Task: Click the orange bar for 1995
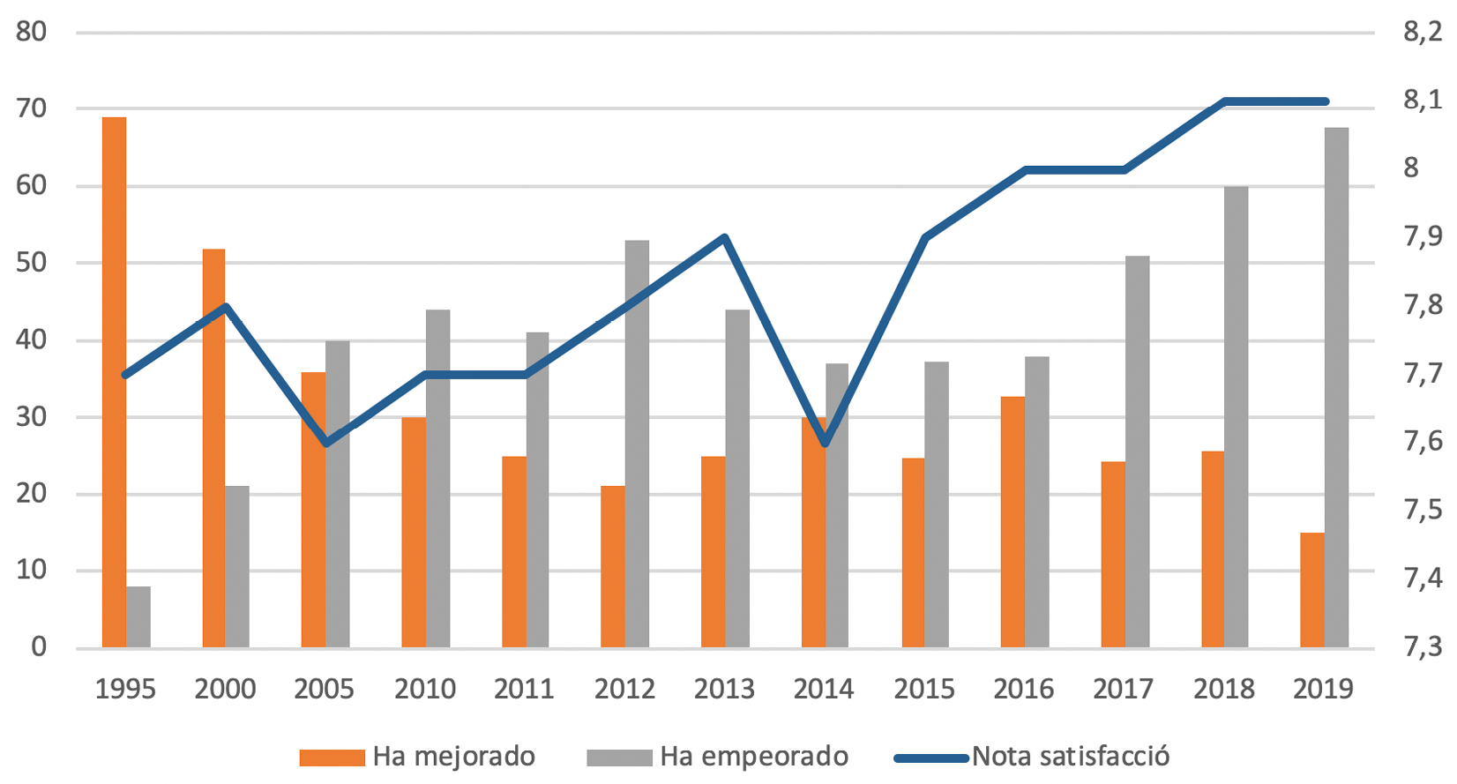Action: click(114, 382)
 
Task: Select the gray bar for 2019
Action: click(1336, 388)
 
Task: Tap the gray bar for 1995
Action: click(138, 617)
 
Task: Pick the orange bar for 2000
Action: click(213, 448)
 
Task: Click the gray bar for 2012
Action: click(637, 444)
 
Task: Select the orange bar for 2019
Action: click(1312, 590)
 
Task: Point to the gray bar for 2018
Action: click(1236, 416)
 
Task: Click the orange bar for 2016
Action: click(1012, 522)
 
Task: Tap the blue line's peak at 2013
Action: click(725, 237)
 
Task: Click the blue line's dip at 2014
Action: click(825, 444)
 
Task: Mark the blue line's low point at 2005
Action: click(326, 444)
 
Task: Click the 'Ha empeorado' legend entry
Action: click(718, 757)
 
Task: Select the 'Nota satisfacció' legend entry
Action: click(1032, 757)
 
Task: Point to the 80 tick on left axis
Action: click(32, 32)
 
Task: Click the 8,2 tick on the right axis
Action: click(1422, 32)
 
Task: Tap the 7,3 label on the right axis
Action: click(1422, 647)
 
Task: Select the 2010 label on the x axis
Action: click(425, 689)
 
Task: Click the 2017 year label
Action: click(1124, 689)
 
